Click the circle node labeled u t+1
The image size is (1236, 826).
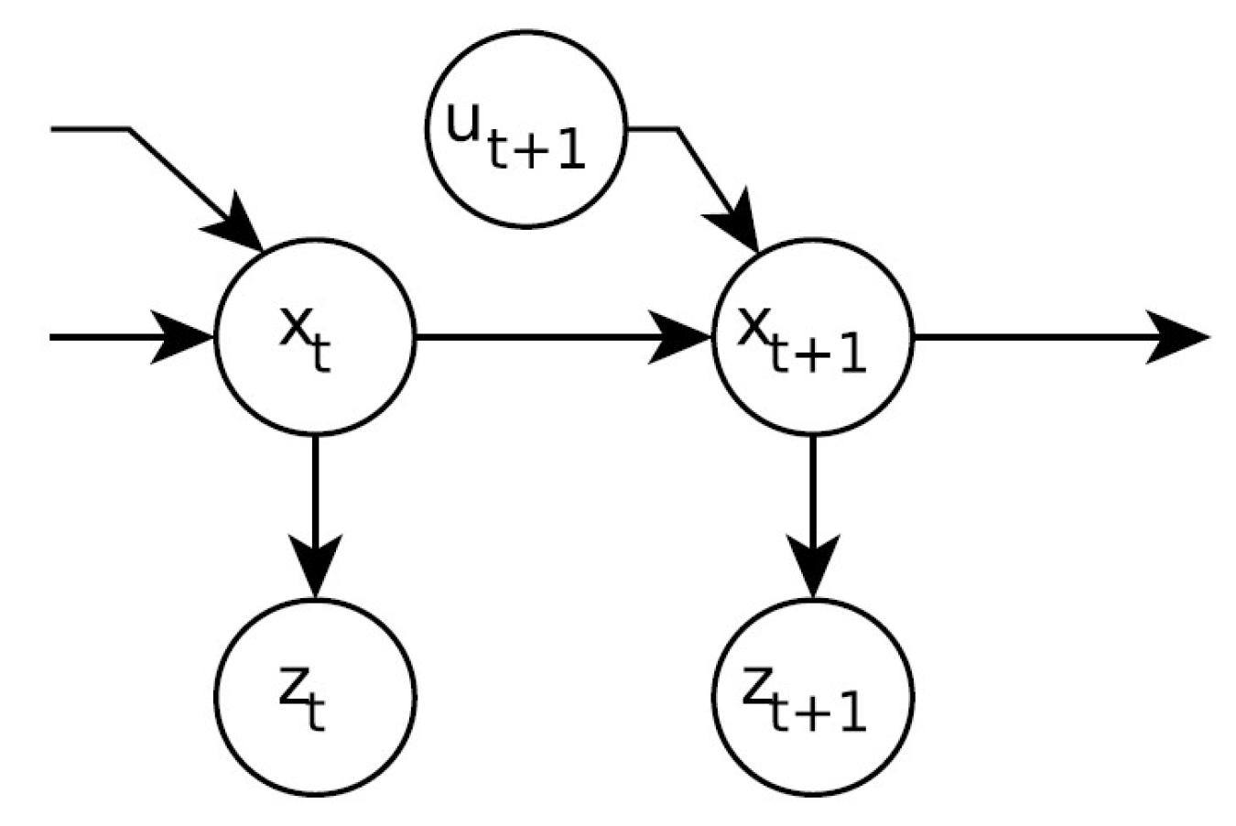pyautogui.click(x=526, y=129)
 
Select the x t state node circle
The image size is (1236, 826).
pyautogui.click(x=315, y=337)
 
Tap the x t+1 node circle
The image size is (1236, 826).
pyautogui.click(x=813, y=337)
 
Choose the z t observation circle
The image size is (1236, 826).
pyautogui.click(x=315, y=698)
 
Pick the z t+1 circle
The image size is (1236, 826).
pyautogui.click(x=813, y=698)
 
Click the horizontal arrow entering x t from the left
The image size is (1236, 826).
pyautogui.click(x=119, y=337)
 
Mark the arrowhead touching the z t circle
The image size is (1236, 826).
pyautogui.click(x=315, y=568)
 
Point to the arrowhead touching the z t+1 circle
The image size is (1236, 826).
pyautogui.click(x=813, y=568)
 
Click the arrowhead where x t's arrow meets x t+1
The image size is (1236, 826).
pyautogui.click(x=682, y=337)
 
